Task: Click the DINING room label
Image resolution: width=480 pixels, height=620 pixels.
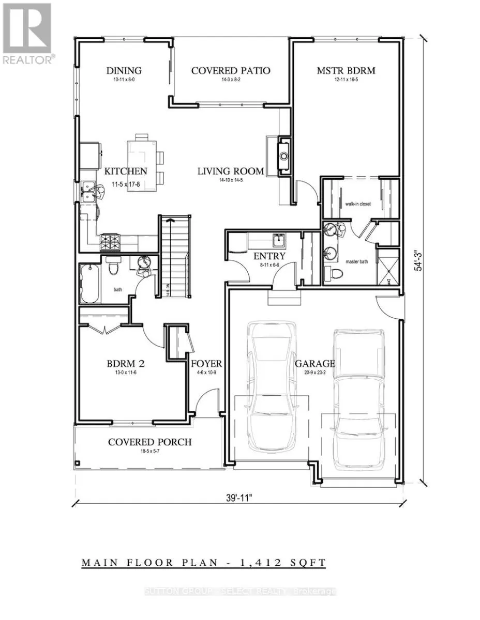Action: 124,71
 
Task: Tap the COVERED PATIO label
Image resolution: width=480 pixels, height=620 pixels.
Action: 231,71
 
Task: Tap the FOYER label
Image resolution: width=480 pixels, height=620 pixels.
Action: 207,363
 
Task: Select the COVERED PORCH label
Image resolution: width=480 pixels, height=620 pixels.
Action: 149,442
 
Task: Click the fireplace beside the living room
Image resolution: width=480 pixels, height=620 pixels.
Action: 282,153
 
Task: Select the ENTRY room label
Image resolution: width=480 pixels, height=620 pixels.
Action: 269,257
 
